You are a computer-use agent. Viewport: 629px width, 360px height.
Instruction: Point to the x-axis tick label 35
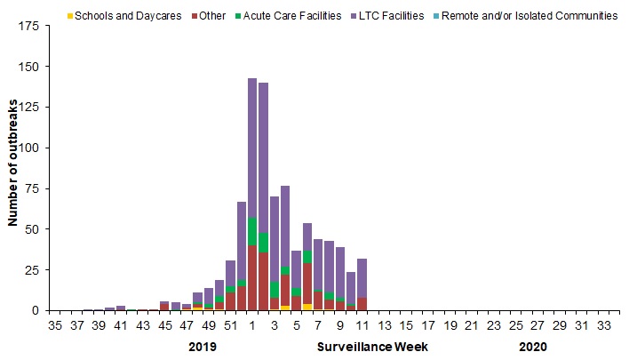(55, 326)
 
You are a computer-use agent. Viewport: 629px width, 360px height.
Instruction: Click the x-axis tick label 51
(230, 326)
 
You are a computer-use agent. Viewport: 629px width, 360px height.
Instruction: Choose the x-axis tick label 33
(602, 326)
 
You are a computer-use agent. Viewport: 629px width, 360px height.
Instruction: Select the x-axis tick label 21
(471, 326)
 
